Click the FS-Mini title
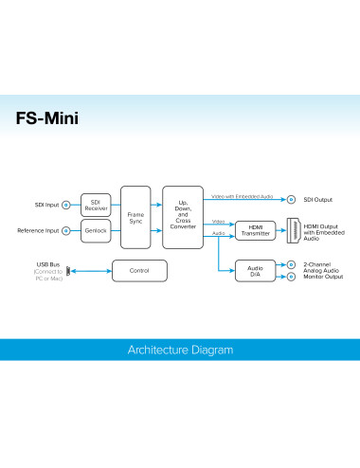point(47,120)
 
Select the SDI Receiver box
point(96,204)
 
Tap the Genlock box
point(96,230)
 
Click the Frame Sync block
point(136,216)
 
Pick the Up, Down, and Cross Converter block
point(182,216)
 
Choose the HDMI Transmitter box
point(255,230)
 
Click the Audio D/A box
point(255,272)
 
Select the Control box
point(138,272)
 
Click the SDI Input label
point(45,205)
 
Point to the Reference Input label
point(38,230)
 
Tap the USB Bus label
point(47,264)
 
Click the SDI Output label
point(317,200)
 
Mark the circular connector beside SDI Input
point(65,205)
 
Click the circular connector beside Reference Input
point(65,230)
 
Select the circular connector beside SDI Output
point(292,200)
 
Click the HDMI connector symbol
point(293,230)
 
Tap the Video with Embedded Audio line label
point(243,195)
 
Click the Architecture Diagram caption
point(180,350)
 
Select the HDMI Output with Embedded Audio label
point(324,230)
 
